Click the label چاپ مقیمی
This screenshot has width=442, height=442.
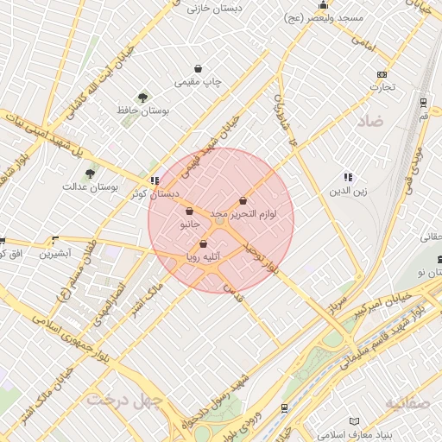coord(199,82)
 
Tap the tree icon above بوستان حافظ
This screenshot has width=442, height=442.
coord(142,98)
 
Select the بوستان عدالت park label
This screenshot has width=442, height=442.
coord(90,186)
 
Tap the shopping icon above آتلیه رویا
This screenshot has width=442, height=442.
coord(203,244)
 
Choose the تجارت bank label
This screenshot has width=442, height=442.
coord(382,86)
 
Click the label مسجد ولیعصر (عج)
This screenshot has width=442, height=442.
coord(327,17)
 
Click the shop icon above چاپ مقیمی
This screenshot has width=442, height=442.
coord(199,68)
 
